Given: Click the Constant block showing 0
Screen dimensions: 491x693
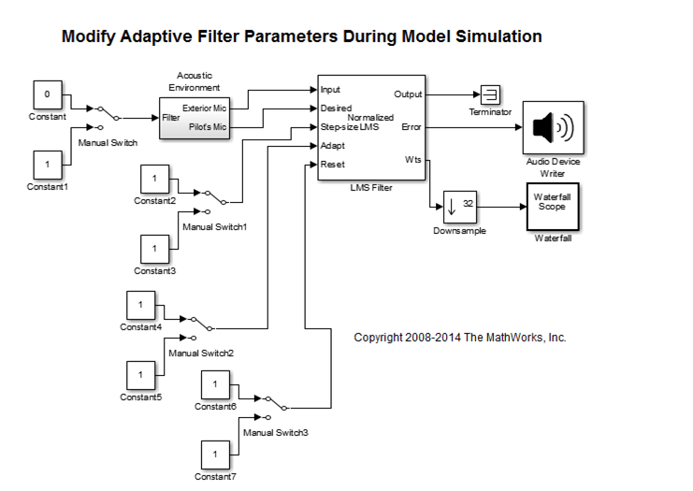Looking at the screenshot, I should coord(48,94).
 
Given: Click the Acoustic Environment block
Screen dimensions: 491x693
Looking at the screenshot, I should coord(193,118).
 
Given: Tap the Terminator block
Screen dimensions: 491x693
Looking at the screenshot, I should coord(490,94).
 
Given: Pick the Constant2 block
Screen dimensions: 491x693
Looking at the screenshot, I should coord(154,179).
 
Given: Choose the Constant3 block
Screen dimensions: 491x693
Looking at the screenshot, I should coord(154,249).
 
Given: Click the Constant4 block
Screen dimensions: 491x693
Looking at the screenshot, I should coord(140,305).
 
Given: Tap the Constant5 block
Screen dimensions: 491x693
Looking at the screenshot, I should coord(140,375).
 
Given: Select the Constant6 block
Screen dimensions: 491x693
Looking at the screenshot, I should coord(215,384).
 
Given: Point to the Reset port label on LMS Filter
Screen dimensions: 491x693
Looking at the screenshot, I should coord(333,165).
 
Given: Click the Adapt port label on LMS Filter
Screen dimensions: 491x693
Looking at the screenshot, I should coord(333,146).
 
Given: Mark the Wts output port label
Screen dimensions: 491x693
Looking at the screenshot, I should coord(412,160).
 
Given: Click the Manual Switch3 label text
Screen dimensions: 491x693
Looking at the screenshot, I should coord(275,433).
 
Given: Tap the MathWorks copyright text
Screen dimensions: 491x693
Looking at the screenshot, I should coord(459,338).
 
